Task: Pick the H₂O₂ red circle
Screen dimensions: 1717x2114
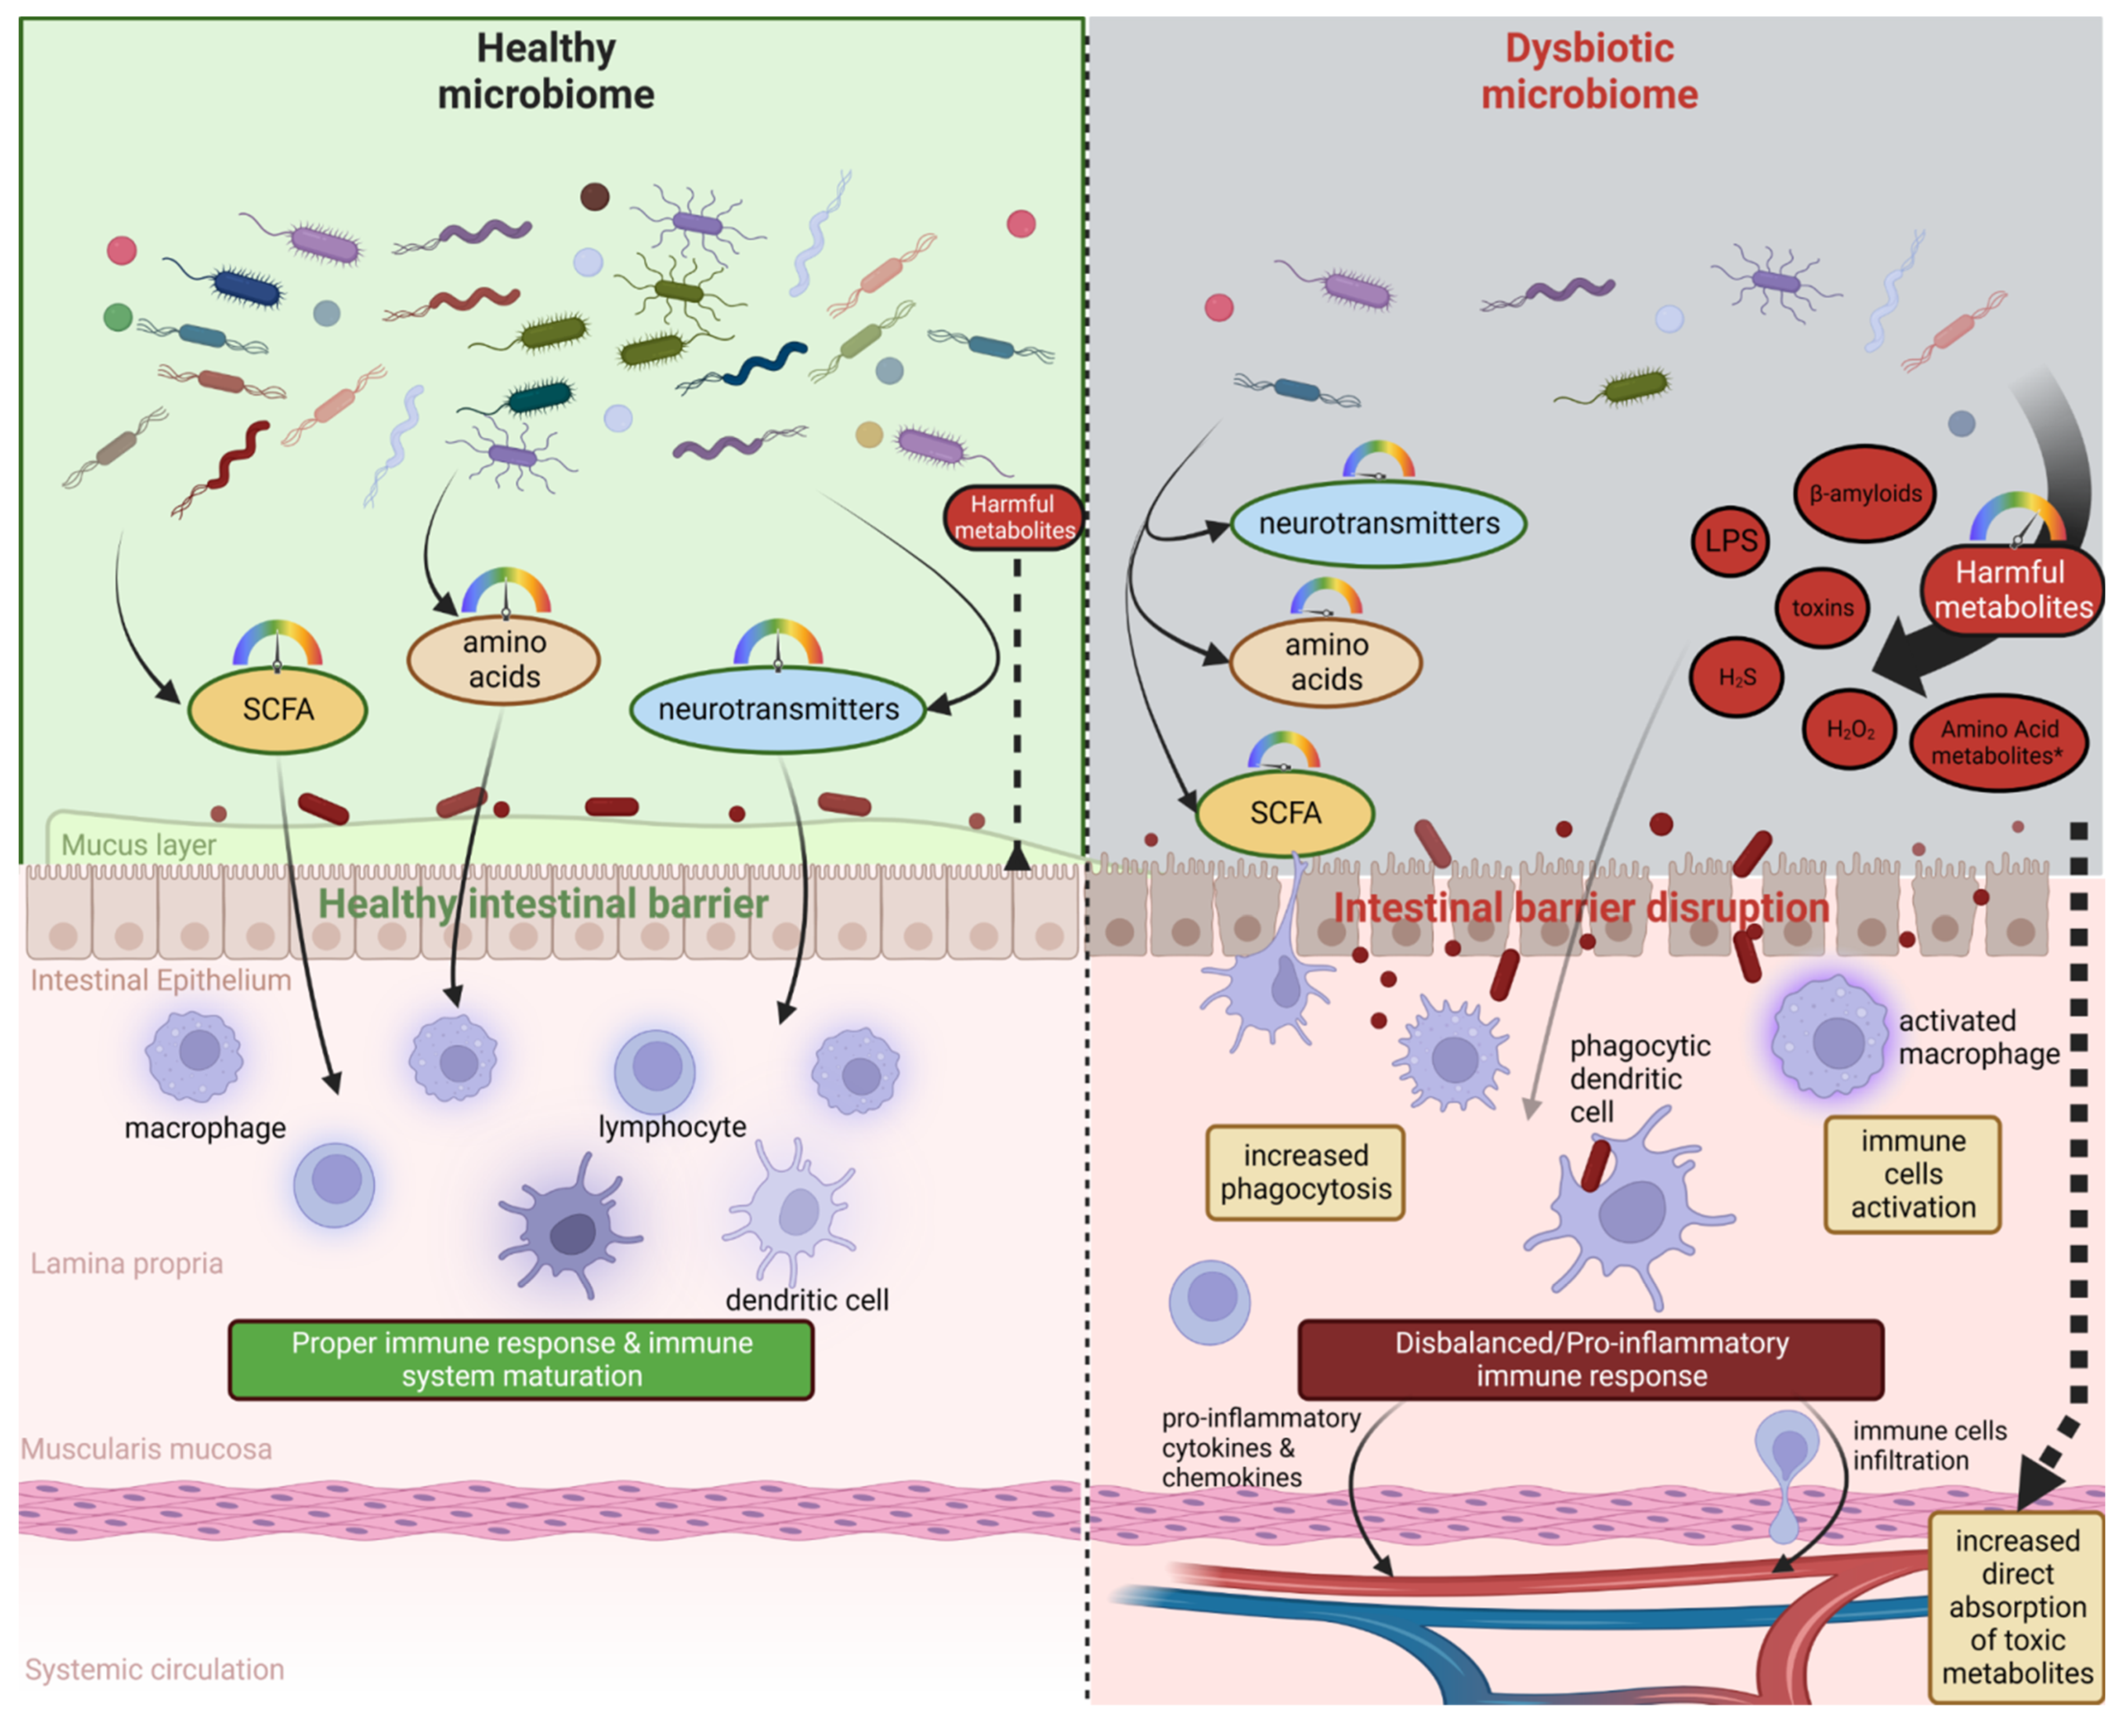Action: pyautogui.click(x=1850, y=730)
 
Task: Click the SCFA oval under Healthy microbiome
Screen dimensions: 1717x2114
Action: pyautogui.click(x=278, y=709)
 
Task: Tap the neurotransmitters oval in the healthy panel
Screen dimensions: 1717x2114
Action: pyautogui.click(x=778, y=709)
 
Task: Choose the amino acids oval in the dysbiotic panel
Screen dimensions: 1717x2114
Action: pyautogui.click(x=1326, y=662)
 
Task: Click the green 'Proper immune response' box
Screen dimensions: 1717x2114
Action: pyautogui.click(x=521, y=1359)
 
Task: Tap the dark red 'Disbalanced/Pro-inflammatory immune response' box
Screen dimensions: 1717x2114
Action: pyautogui.click(x=1590, y=1359)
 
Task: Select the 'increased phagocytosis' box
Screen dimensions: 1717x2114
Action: pyautogui.click(x=1305, y=1172)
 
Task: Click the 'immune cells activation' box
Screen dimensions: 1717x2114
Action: pyautogui.click(x=1912, y=1174)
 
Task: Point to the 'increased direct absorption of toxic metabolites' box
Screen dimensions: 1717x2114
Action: pyautogui.click(x=2016, y=1607)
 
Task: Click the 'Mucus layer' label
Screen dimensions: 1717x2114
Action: pyautogui.click(x=138, y=845)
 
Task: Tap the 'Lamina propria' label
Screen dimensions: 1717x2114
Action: pyautogui.click(x=126, y=1263)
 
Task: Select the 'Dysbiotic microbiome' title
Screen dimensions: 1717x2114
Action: pyautogui.click(x=1589, y=71)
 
